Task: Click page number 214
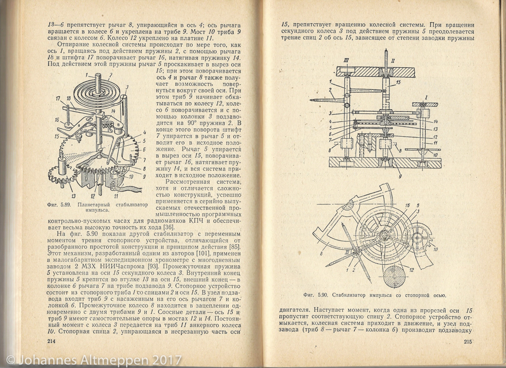[51, 341]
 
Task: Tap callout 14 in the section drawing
[435, 121]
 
